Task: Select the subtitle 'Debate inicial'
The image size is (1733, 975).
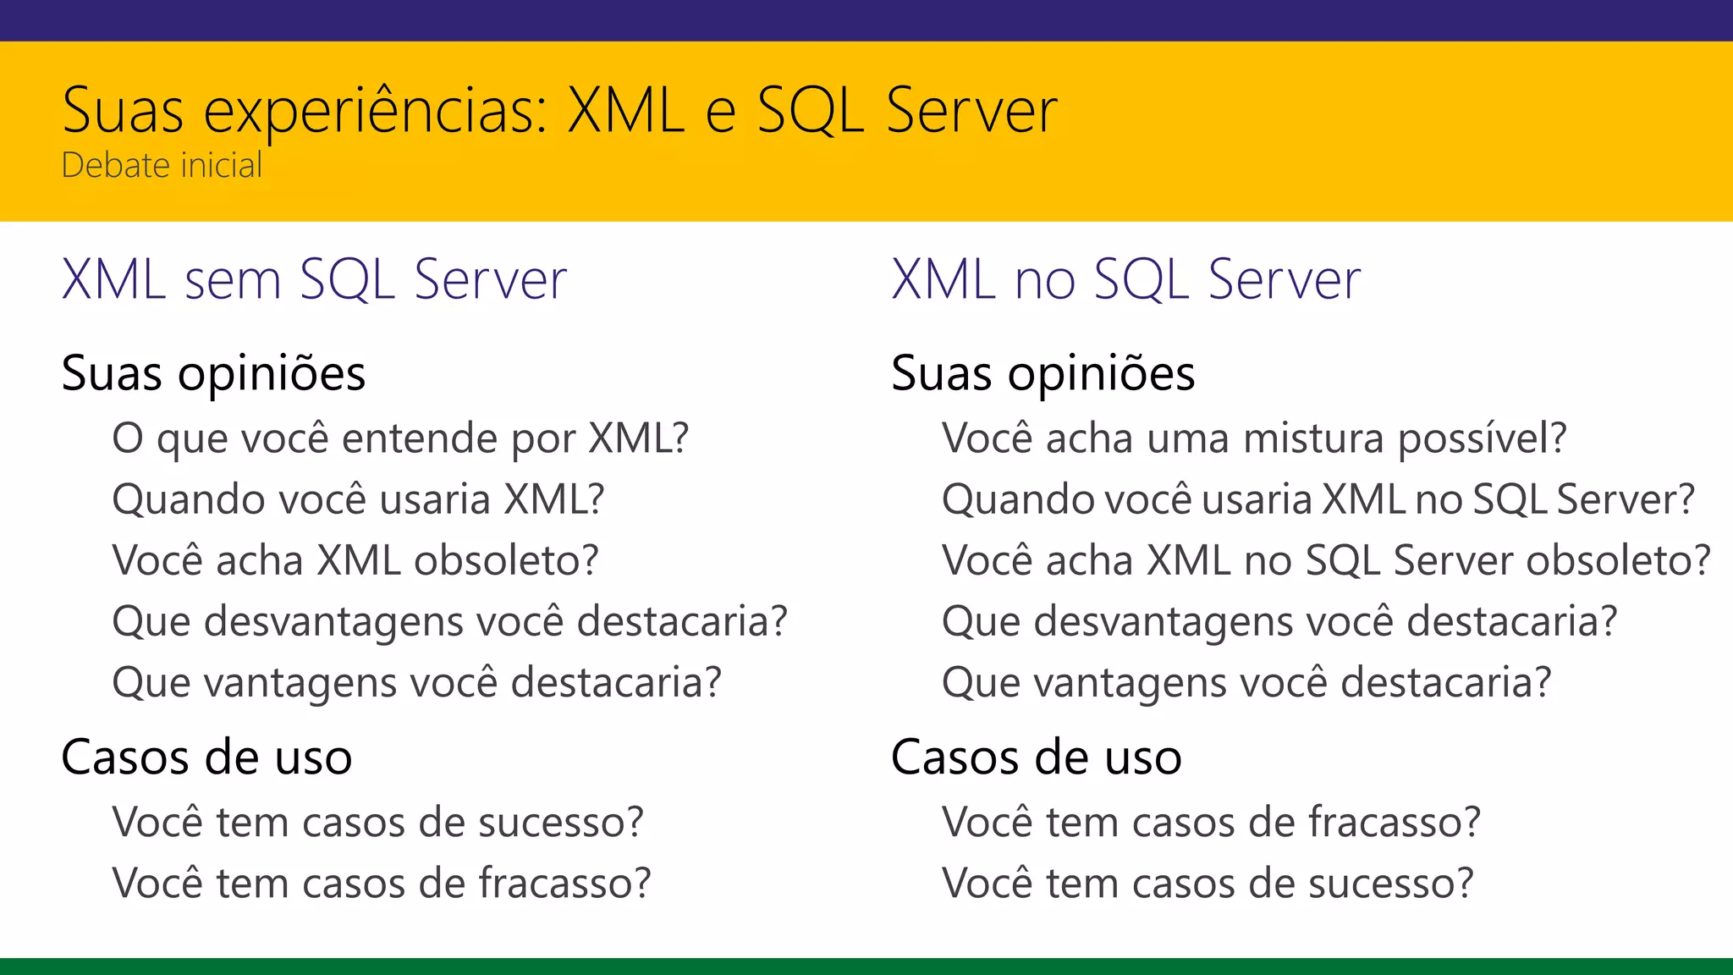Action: coord(162,165)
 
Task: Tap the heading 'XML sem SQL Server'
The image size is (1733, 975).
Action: coord(314,279)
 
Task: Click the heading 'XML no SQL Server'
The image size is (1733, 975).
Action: coord(1125,279)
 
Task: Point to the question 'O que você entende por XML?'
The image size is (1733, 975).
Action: coord(400,438)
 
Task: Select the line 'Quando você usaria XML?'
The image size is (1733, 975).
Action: coord(358,499)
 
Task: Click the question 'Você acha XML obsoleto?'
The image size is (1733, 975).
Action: coord(355,560)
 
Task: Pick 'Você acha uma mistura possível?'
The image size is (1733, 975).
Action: coord(1253,438)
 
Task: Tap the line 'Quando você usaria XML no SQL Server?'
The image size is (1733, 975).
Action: coord(1318,499)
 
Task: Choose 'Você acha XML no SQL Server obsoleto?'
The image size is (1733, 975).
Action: coord(1326,560)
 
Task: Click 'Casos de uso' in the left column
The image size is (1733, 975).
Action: coord(206,757)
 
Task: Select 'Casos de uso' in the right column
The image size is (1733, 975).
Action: coord(1036,757)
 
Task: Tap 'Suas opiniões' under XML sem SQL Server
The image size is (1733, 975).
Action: coord(213,373)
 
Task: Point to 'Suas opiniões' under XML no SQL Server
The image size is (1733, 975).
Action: coord(1043,373)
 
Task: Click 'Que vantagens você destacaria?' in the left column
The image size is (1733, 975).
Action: coord(416,682)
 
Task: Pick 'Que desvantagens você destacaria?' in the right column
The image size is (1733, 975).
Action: coord(1279,621)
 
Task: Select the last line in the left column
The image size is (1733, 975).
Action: coord(381,883)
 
